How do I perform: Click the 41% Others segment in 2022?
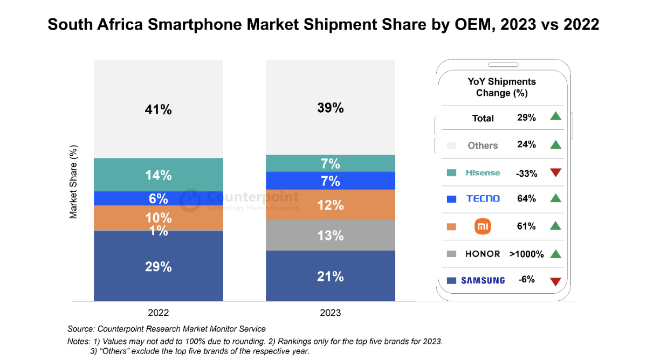[x=158, y=109]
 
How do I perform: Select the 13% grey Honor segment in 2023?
[x=330, y=236]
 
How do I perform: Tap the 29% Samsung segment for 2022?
[x=158, y=266]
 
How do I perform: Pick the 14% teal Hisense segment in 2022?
[x=158, y=175]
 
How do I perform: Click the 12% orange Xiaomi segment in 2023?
[x=330, y=205]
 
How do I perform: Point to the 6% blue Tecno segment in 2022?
[x=158, y=198]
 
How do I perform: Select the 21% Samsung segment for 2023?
[x=330, y=276]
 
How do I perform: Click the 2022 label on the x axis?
[x=158, y=313]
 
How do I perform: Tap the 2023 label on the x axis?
[x=330, y=313]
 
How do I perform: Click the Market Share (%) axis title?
[x=74, y=181]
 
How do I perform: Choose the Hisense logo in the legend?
[x=483, y=172]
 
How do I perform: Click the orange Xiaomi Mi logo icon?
[x=483, y=226]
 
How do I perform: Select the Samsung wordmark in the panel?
[x=483, y=280]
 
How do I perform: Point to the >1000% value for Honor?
[x=526, y=254]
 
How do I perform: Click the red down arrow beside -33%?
[x=556, y=172]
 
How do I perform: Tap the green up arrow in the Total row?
[x=556, y=116]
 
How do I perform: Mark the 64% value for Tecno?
[x=526, y=199]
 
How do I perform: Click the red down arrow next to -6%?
[x=556, y=281]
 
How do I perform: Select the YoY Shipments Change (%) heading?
[x=501, y=87]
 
